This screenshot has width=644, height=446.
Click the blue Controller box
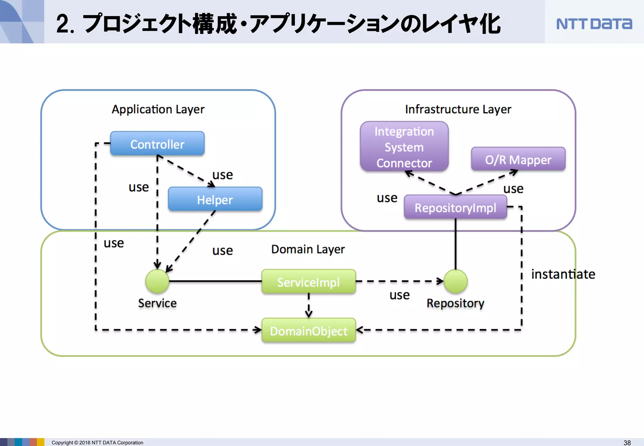point(157,144)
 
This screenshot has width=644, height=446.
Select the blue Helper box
point(215,199)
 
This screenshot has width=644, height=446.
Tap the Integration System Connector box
point(404,147)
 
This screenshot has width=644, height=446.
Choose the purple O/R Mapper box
point(518,160)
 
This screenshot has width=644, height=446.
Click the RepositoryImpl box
point(455,208)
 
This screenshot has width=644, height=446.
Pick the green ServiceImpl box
point(308,282)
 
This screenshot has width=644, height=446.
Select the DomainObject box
point(308,331)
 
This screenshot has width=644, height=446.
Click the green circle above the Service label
point(157,281)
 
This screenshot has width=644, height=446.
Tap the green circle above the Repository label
point(455,281)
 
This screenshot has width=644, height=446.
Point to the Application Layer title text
point(158,109)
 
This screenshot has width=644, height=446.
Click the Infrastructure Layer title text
point(458,109)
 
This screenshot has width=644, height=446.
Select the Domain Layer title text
point(308,249)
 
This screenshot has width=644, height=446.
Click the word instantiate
point(563,274)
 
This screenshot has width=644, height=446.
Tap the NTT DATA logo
point(594,24)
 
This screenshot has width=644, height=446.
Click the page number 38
point(627,443)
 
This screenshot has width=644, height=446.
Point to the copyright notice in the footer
point(97,443)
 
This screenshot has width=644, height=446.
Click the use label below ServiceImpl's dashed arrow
point(399,295)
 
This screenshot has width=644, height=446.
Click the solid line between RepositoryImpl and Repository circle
point(455,244)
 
